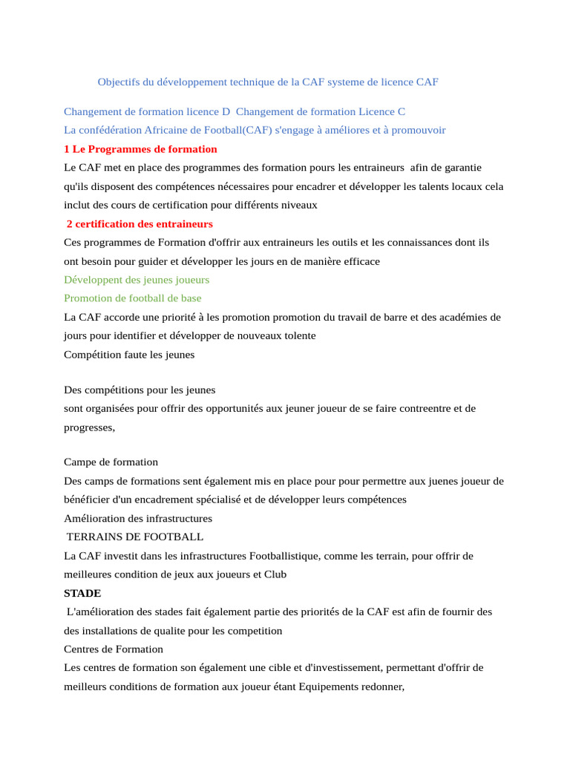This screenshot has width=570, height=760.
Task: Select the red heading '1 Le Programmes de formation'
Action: click(140, 149)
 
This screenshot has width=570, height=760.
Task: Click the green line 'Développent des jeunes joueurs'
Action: click(137, 280)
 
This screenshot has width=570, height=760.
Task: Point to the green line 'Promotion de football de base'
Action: click(132, 298)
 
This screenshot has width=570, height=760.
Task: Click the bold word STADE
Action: click(82, 594)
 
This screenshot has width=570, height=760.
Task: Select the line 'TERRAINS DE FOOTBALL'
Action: click(135, 537)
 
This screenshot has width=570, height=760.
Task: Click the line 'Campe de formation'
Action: click(111, 462)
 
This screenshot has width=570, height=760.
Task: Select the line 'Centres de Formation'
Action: click(114, 649)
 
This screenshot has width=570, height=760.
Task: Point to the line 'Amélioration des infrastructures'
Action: click(138, 519)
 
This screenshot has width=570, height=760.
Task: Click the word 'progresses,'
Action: click(90, 427)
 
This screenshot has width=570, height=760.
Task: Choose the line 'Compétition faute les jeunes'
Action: click(129, 355)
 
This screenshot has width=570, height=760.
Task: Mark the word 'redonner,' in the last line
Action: click(381, 687)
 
